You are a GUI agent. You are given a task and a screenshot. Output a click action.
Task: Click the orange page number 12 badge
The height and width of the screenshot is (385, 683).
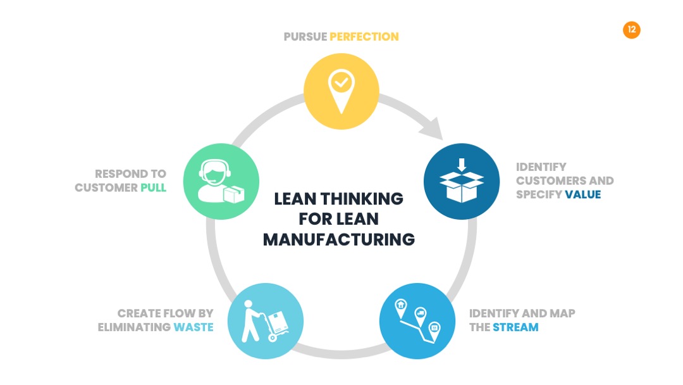[x=632, y=30]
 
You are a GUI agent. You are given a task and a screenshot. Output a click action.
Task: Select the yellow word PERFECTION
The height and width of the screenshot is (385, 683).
[x=364, y=37]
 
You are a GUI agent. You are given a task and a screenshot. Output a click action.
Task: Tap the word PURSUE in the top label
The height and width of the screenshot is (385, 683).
[x=305, y=37]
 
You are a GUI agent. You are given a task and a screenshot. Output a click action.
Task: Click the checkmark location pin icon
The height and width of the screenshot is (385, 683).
[x=341, y=91]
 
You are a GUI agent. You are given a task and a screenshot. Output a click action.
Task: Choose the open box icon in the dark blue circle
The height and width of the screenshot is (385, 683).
[x=462, y=180]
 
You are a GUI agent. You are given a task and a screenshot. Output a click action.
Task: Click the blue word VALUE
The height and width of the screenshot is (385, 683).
[x=583, y=194]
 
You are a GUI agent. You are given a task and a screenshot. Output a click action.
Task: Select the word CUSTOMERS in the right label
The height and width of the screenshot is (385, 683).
[x=545, y=180]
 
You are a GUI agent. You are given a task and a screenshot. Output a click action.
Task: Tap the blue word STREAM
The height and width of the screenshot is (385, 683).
[x=516, y=327]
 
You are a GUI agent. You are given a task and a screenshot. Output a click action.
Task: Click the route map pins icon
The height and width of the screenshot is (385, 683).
[x=417, y=321]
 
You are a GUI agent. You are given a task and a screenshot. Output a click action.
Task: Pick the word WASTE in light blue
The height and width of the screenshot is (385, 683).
[x=194, y=327]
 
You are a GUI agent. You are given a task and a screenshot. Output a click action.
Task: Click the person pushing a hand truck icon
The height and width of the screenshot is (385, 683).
[x=265, y=321]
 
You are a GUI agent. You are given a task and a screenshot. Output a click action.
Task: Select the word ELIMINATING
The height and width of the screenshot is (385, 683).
[x=134, y=327]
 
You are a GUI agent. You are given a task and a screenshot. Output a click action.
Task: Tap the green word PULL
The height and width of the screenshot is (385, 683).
[x=153, y=187]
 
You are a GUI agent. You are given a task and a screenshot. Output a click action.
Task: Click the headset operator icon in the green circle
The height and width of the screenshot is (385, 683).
[x=221, y=181]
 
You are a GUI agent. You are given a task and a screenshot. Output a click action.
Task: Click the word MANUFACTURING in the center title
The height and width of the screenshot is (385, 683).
[x=339, y=239]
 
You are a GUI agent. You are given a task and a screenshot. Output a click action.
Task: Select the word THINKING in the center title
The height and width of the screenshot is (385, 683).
[x=362, y=199]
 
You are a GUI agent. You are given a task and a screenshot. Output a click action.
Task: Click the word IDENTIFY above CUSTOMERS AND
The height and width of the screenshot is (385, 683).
[x=541, y=167]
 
